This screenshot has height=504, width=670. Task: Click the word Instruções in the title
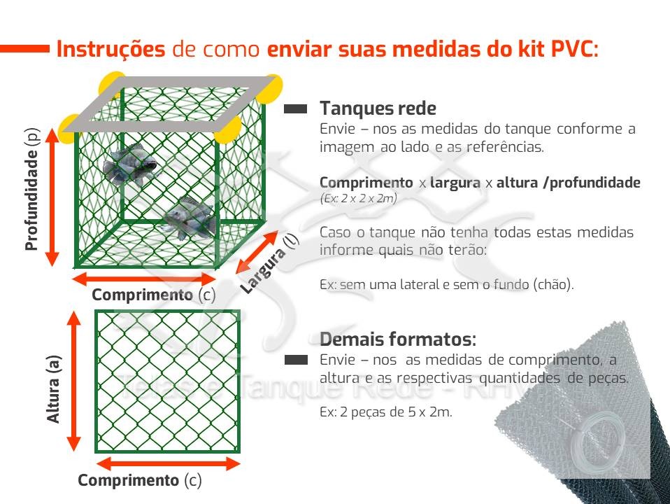(x=111, y=49)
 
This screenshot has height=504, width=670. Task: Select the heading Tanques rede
(x=378, y=108)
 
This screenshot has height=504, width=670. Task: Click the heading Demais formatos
(x=398, y=339)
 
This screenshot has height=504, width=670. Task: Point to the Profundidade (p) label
(x=32, y=189)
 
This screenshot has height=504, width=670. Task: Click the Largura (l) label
(x=269, y=265)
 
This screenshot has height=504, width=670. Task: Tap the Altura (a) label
(x=54, y=389)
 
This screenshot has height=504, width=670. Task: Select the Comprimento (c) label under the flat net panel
(x=140, y=480)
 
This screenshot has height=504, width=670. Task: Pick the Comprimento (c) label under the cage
(x=154, y=295)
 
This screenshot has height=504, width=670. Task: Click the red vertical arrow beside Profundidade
(x=52, y=197)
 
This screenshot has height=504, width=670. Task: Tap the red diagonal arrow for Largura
(x=257, y=253)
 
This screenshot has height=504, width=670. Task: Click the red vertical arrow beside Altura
(x=74, y=381)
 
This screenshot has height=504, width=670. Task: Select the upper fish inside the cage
(x=129, y=164)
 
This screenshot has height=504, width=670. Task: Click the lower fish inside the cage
(x=191, y=217)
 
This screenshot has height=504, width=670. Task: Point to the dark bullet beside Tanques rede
(x=296, y=108)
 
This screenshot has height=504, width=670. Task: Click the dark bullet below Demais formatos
(x=296, y=360)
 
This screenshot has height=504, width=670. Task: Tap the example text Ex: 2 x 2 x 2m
(x=359, y=199)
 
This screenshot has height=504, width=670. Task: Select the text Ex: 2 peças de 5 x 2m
(x=386, y=412)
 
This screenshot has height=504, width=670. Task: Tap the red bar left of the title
(x=24, y=49)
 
